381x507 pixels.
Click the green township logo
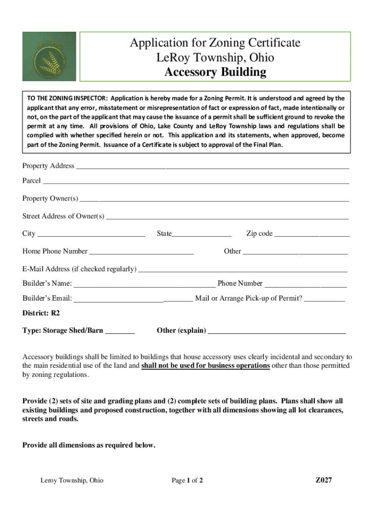pos(49,56)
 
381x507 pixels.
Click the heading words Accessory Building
pos(215,72)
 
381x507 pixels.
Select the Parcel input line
pos(195,182)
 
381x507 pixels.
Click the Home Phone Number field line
pos(141,252)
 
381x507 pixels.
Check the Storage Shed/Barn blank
pos(120,331)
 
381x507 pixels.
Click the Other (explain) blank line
pos(277,331)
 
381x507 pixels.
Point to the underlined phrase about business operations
pos(205,366)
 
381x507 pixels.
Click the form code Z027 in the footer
pos(324,480)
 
